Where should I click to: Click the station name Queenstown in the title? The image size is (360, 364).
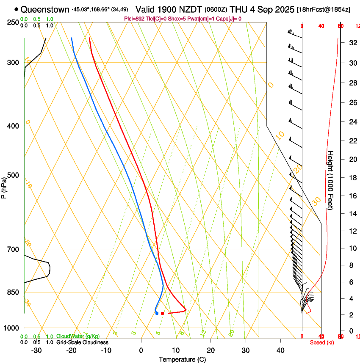pos(45,9)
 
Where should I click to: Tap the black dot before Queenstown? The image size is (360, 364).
pos(17,9)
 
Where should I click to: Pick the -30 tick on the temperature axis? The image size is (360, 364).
pos(36,350)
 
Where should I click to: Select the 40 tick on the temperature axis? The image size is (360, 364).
pos(280,350)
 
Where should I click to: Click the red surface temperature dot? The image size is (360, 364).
pos(162,313)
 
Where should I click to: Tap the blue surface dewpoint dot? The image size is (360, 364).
pos(157,313)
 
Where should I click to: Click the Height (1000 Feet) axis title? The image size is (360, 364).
pos(330,180)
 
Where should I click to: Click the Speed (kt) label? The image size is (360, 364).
pos(322,342)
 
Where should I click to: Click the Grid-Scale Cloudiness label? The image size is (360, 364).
pos(82,342)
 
